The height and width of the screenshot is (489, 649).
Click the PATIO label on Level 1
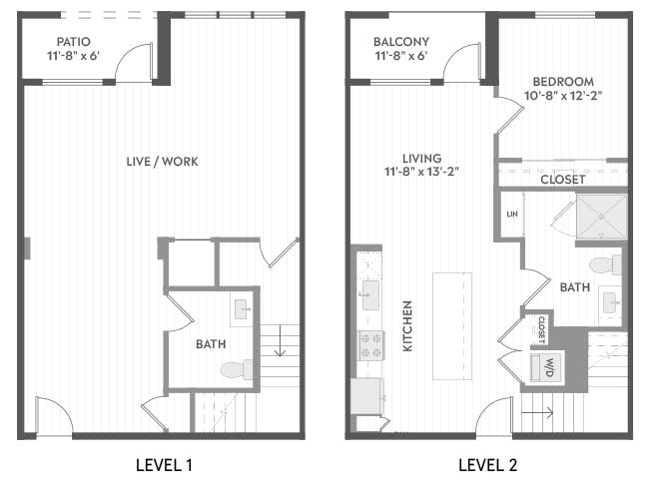tap(73, 42)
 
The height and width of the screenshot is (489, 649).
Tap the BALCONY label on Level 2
tap(401, 42)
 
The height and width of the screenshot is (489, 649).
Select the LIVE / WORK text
tap(162, 162)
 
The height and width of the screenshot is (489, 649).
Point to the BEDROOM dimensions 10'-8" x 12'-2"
tap(563, 96)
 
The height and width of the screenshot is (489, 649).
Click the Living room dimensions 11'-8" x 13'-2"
tap(421, 172)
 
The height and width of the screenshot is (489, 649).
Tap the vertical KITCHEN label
tap(407, 326)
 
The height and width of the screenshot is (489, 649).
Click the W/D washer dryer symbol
tap(547, 367)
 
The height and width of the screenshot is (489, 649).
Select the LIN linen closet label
tap(512, 214)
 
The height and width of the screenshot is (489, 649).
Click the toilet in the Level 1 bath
tap(237, 369)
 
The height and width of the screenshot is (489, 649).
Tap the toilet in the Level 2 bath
tap(605, 265)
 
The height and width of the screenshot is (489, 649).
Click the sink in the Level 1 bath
tap(242, 309)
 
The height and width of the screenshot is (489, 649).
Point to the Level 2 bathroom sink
tap(611, 302)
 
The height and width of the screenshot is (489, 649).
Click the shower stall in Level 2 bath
tap(601, 217)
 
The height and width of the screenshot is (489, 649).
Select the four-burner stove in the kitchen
tap(370, 346)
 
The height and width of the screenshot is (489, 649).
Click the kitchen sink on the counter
tap(370, 295)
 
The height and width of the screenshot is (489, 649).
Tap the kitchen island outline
tap(452, 326)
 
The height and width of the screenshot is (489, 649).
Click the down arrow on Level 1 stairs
tap(281, 340)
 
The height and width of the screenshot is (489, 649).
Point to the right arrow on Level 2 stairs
tap(537, 412)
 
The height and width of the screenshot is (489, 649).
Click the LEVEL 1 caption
tap(164, 465)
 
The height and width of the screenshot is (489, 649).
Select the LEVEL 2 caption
tap(487, 465)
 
